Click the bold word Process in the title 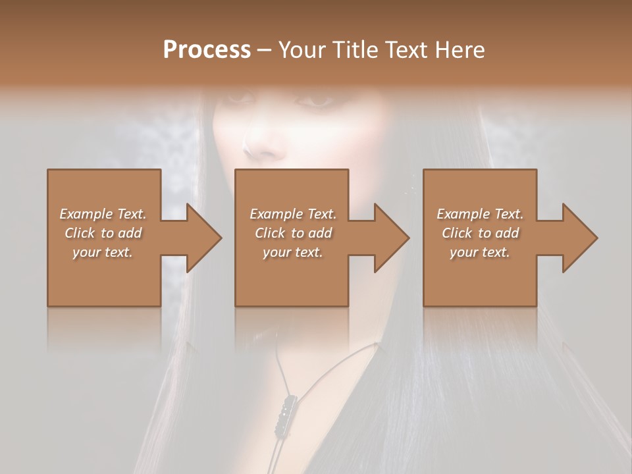[207, 50]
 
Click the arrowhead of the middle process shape [391, 238]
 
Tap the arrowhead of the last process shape [579, 238]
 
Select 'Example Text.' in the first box [103, 214]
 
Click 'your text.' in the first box [103, 252]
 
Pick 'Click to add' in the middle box [293, 233]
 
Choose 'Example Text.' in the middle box [293, 214]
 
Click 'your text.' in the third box [480, 252]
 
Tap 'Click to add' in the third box [480, 233]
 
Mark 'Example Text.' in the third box [480, 214]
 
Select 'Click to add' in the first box [103, 233]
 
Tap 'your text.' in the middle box [293, 252]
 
